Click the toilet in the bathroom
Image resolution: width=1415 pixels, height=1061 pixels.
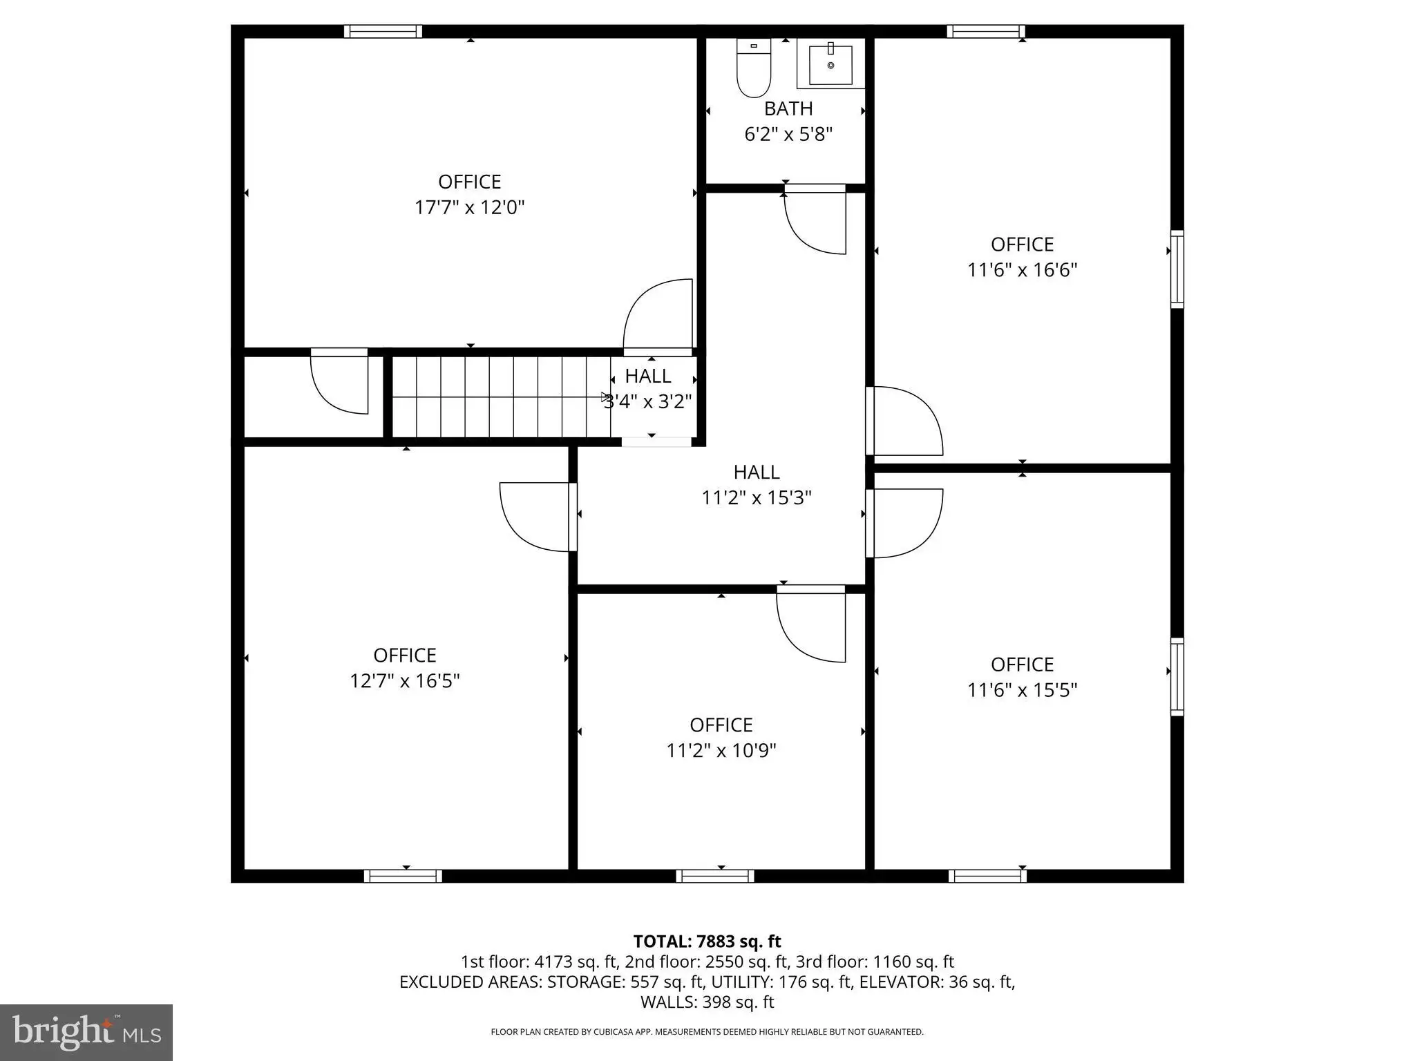pos(754,68)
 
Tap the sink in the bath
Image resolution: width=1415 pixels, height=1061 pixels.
pos(830,64)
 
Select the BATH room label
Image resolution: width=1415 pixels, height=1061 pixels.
pos(788,108)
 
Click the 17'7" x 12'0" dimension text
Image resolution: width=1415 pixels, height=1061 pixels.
pos(470,207)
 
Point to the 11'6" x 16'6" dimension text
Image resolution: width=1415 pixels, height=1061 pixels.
pos(1023,269)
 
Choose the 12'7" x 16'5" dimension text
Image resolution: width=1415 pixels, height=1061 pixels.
pos(405,680)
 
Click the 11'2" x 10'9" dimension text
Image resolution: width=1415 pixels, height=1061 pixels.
pos(721,750)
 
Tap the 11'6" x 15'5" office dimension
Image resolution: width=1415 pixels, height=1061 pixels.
pos(1023,689)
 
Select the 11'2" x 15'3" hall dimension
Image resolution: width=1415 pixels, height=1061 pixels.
pos(757,497)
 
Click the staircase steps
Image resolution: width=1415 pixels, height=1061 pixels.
pos(502,396)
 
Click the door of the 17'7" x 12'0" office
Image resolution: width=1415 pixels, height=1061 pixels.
pos(658,317)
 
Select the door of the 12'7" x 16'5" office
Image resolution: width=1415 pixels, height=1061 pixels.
pos(538,517)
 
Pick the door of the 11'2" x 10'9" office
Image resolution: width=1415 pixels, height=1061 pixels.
pos(811,624)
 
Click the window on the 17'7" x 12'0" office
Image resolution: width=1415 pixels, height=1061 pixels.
pos(383,31)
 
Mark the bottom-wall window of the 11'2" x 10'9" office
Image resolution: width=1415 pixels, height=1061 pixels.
pos(715,876)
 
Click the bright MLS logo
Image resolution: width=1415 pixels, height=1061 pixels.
pos(86,1033)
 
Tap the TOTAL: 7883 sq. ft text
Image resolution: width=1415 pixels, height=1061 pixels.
pos(707,941)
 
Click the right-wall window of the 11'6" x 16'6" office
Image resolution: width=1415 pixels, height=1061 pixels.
pos(1177,269)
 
